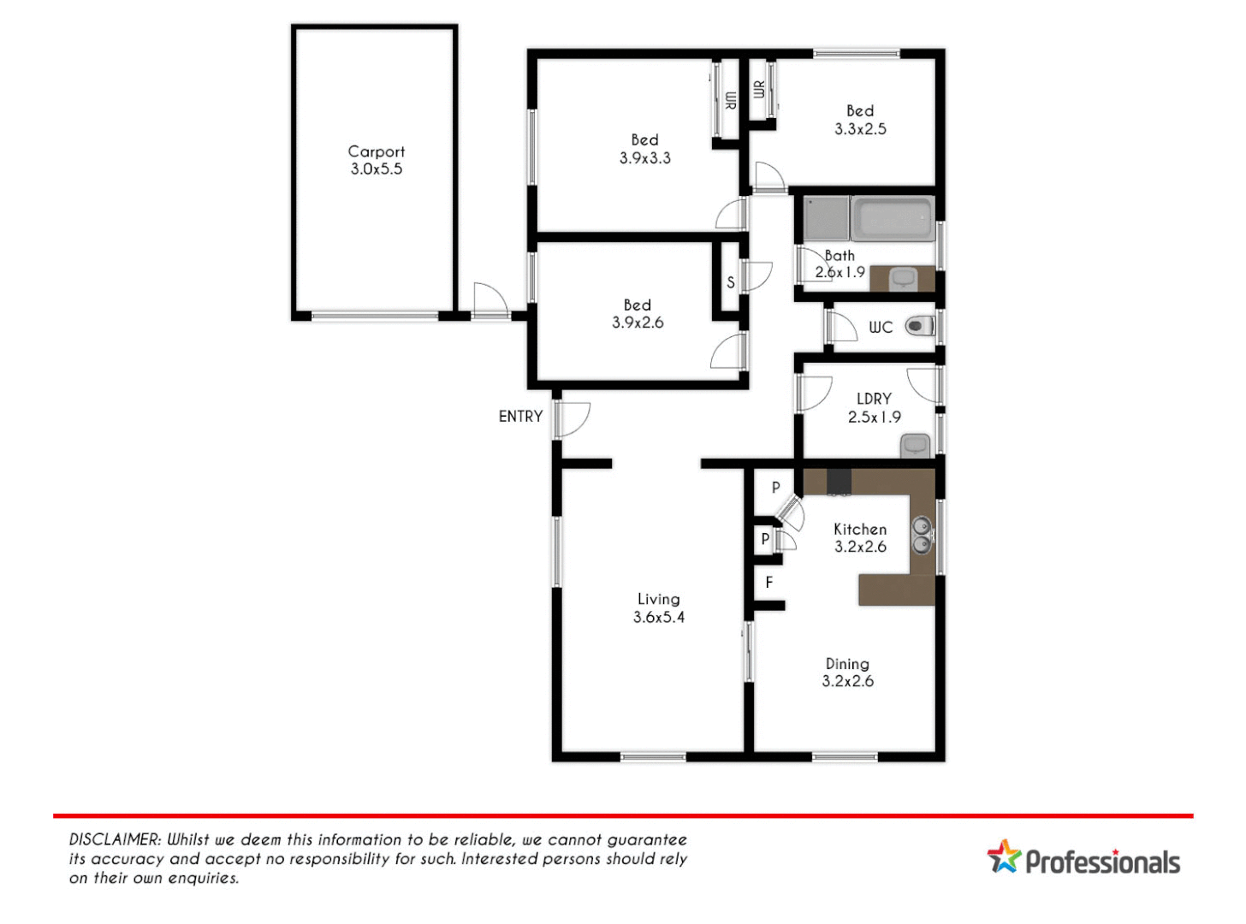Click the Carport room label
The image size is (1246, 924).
[376, 151]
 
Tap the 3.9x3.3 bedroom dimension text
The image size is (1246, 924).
[644, 158]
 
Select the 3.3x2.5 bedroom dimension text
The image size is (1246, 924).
[860, 129]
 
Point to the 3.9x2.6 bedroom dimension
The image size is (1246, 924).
[638, 323]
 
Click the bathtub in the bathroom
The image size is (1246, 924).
[893, 219]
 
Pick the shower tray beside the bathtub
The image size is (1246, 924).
[826, 218]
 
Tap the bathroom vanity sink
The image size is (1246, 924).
[903, 278]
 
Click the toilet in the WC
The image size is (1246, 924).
[920, 326]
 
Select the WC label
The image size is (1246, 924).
[880, 327]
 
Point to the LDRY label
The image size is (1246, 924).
[874, 399]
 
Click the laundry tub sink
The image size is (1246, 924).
[915, 445]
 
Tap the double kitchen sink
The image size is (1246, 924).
[922, 536]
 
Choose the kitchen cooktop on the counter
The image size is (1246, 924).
[839, 482]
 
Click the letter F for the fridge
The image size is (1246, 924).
[769, 583]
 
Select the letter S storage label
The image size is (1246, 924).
[731, 282]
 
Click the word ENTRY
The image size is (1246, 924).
[520, 417]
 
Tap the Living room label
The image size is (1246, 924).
[658, 599]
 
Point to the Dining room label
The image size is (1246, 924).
[847, 664]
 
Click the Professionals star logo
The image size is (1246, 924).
[1005, 856]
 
